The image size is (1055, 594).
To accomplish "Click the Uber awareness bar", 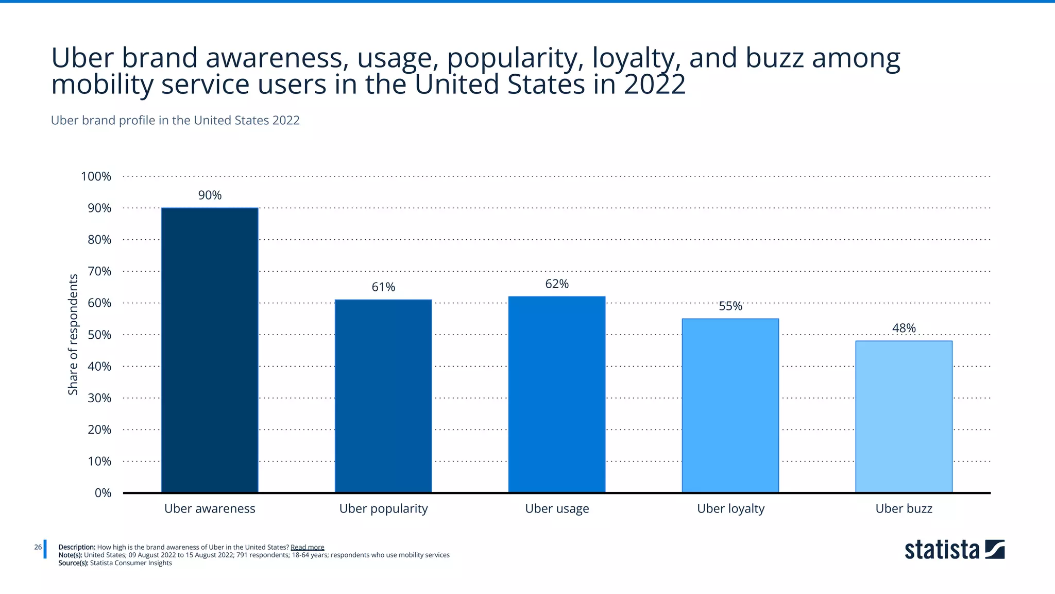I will [x=210, y=350].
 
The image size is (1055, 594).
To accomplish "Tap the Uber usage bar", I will [x=557, y=394].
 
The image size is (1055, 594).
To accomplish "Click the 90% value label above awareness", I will [x=210, y=195].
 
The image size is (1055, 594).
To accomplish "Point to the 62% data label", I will [x=557, y=284].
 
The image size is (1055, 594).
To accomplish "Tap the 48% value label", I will [x=904, y=328].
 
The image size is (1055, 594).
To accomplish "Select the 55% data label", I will [x=730, y=306].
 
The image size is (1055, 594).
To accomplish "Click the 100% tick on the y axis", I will [x=96, y=176].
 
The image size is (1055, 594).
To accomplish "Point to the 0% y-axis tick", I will [x=103, y=493].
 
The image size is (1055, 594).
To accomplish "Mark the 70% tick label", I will [x=99, y=271].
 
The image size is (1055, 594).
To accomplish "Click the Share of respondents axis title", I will [x=73, y=335].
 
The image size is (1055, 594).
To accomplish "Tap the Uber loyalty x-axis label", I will [x=730, y=509].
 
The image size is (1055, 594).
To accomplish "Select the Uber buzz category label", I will [x=904, y=509].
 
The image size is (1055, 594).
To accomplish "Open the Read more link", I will [x=307, y=548].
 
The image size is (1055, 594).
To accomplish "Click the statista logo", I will [x=954, y=550].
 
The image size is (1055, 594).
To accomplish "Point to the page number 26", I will [x=38, y=547].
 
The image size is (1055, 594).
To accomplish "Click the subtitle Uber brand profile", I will [x=175, y=121].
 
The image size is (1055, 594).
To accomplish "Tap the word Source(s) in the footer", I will [x=73, y=563].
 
